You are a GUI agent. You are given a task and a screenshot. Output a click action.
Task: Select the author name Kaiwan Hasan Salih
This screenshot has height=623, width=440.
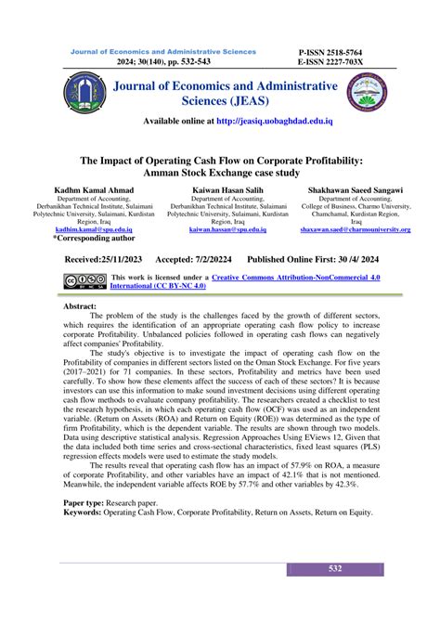point(221,189)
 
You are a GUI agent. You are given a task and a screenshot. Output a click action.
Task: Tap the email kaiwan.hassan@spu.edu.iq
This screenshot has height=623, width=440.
point(221,227)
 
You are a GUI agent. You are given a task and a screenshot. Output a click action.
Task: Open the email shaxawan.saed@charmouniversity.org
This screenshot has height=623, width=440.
point(356,227)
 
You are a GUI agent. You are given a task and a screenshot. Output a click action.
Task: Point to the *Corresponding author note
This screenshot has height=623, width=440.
point(93,238)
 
